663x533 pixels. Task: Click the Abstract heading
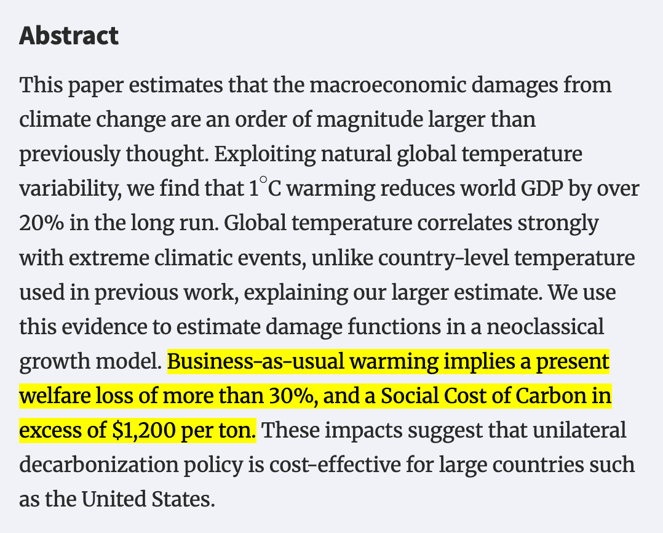pyautogui.click(x=69, y=36)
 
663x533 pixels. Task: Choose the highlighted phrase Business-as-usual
pyautogui.click(x=254, y=361)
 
